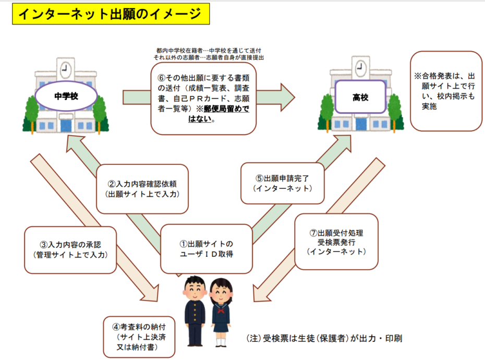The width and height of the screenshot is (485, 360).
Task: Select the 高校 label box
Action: click(360, 97)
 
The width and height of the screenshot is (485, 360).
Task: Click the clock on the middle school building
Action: click(65, 68)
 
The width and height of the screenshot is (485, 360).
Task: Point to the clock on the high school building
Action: click(360, 68)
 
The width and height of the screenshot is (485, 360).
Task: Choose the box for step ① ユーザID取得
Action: click(206, 249)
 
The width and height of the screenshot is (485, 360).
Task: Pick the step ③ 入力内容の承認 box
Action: click(70, 249)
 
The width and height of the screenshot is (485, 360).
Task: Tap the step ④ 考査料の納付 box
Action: click(140, 336)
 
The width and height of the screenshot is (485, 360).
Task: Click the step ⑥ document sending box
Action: click(203, 98)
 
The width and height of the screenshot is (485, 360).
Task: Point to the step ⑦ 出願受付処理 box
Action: click(336, 241)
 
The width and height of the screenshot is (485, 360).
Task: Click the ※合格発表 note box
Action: click(446, 91)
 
